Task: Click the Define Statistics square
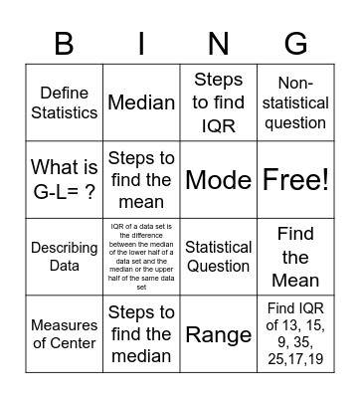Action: point(65,102)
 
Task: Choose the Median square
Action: point(141,102)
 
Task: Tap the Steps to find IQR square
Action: point(218,102)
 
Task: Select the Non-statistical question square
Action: point(295,102)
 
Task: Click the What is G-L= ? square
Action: point(65,180)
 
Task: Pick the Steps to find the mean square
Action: point(141,180)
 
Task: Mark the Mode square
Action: point(218,180)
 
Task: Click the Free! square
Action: point(295,180)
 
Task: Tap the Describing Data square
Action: point(65,257)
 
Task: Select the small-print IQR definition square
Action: point(141,257)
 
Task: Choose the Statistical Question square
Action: point(218,257)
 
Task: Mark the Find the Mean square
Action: point(295,257)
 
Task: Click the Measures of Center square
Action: point(65,334)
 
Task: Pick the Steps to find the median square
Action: point(141,334)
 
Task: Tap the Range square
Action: point(218,334)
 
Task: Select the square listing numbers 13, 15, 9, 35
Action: point(295,334)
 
